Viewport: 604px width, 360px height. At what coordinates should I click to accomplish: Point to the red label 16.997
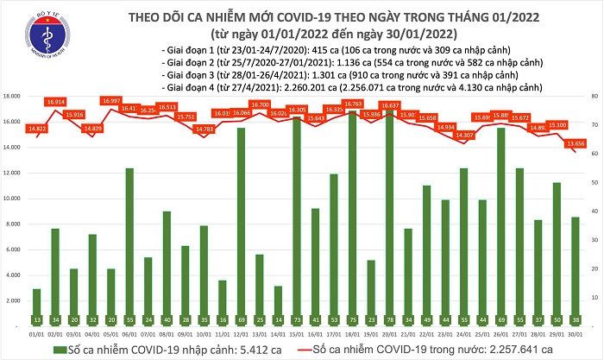(110, 101)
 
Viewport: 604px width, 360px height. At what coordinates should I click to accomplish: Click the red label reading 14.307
(464, 136)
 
